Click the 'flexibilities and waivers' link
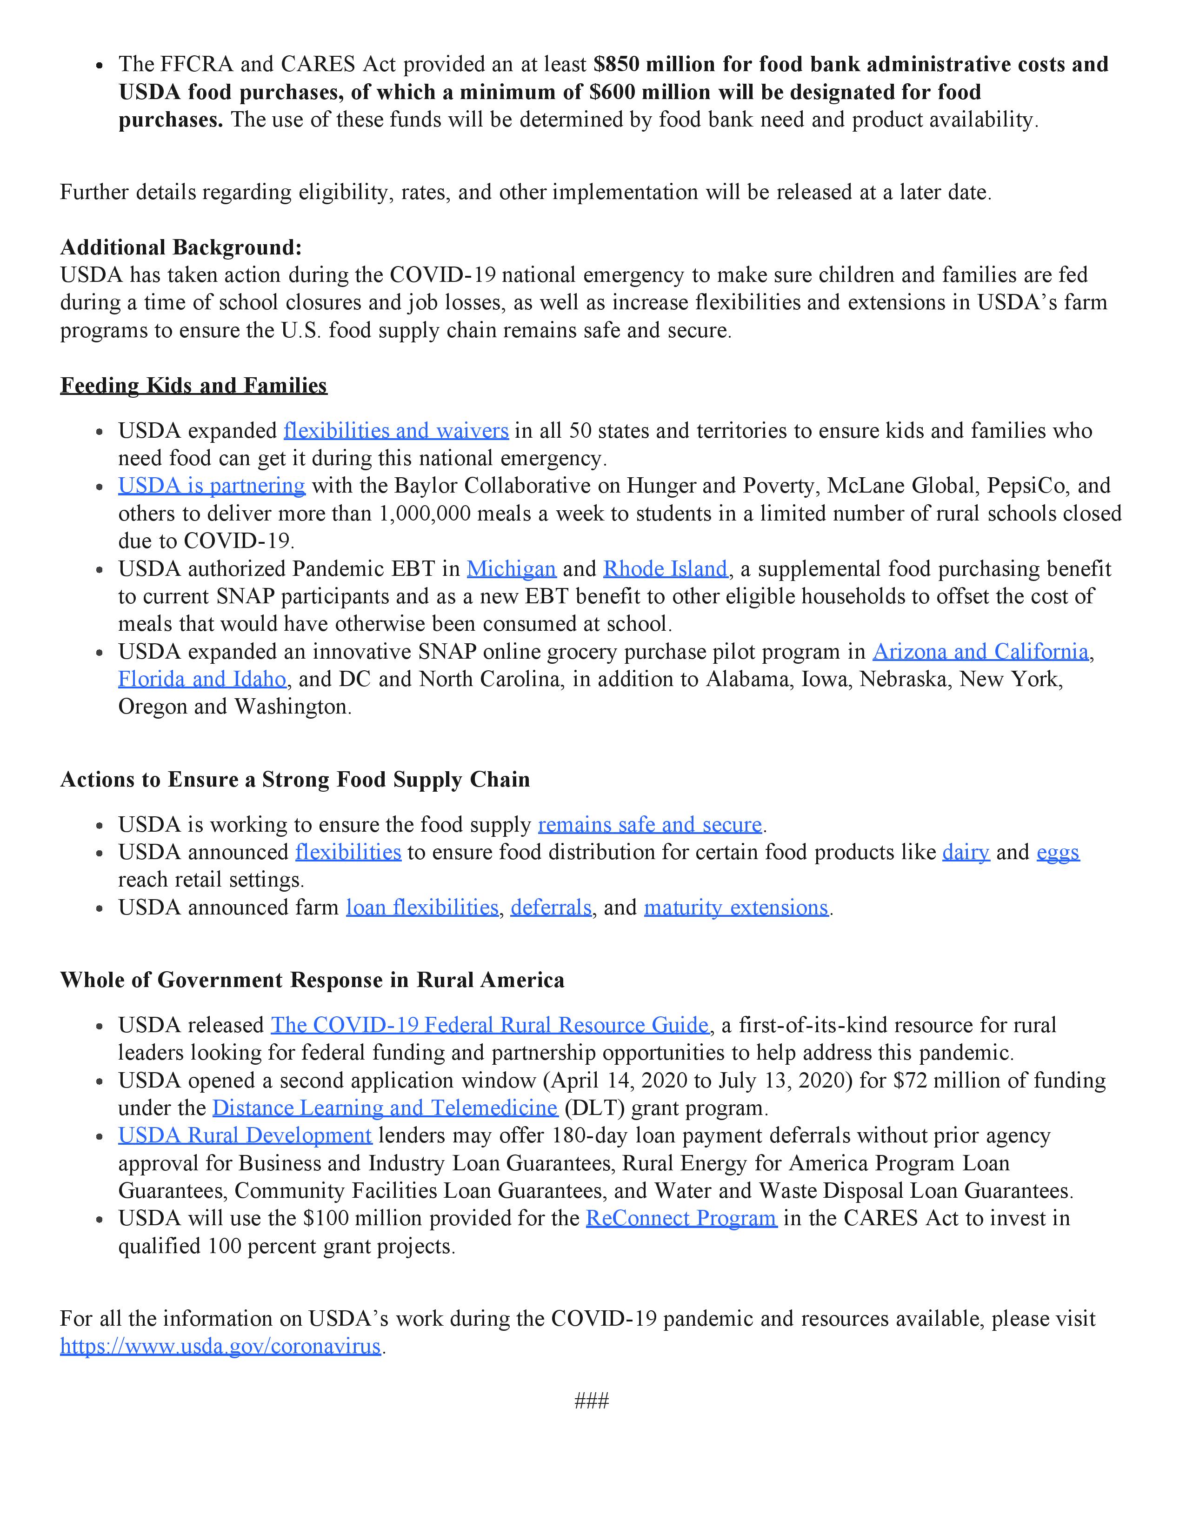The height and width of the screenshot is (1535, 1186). click(396, 431)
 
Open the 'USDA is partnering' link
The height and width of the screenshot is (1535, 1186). click(212, 486)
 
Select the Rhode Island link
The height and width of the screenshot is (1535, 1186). click(665, 568)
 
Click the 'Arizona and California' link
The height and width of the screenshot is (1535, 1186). click(980, 652)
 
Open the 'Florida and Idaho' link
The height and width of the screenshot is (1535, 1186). click(202, 679)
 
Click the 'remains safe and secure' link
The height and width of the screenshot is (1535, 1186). click(650, 824)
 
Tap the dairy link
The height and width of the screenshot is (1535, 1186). click(966, 852)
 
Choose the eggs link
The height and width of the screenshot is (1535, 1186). click(1058, 852)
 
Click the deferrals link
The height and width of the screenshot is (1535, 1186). click(551, 908)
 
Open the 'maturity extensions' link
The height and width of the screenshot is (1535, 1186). click(736, 908)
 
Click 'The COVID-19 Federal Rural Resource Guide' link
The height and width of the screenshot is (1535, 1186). click(490, 1025)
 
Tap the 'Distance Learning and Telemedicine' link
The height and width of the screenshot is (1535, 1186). click(384, 1108)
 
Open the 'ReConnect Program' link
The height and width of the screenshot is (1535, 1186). click(681, 1218)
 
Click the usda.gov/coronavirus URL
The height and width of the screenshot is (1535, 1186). click(220, 1346)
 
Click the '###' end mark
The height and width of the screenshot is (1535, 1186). click(592, 1401)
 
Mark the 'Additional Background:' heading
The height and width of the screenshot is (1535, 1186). click(180, 247)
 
